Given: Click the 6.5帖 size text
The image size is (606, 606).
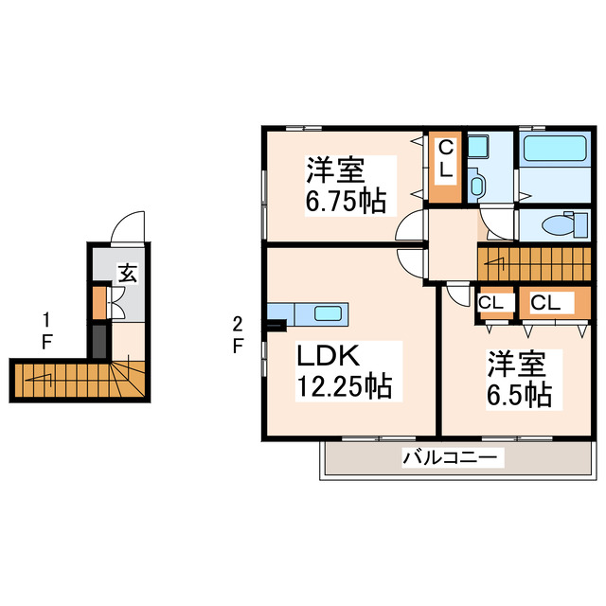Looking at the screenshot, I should [x=519, y=394].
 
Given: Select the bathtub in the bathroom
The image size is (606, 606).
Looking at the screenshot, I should [x=555, y=149].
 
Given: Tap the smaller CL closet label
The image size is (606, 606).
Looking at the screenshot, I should [x=490, y=302].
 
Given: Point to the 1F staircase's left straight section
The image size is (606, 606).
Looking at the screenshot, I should [x=52, y=379].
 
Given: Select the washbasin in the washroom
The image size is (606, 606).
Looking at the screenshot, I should [x=477, y=183].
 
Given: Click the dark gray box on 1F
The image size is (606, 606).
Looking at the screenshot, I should [x=99, y=340].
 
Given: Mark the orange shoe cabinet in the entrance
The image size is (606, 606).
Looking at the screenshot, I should [x=99, y=302].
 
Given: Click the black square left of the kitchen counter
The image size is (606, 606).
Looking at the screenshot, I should [x=276, y=328].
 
